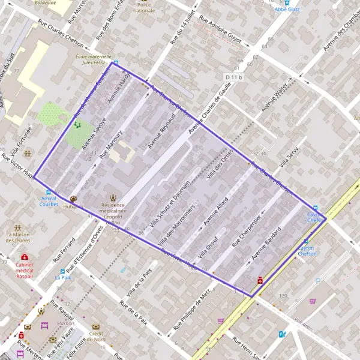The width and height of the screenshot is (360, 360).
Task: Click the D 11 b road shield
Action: click(235, 77)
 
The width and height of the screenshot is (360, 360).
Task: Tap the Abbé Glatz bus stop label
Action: click(287, 10)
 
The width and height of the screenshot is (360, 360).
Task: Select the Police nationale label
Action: click(143, 7)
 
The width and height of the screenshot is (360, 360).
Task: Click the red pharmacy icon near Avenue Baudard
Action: click(260, 279)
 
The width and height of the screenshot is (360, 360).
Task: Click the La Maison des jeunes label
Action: click(17, 237)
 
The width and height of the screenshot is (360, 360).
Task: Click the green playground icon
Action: click(77, 125)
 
